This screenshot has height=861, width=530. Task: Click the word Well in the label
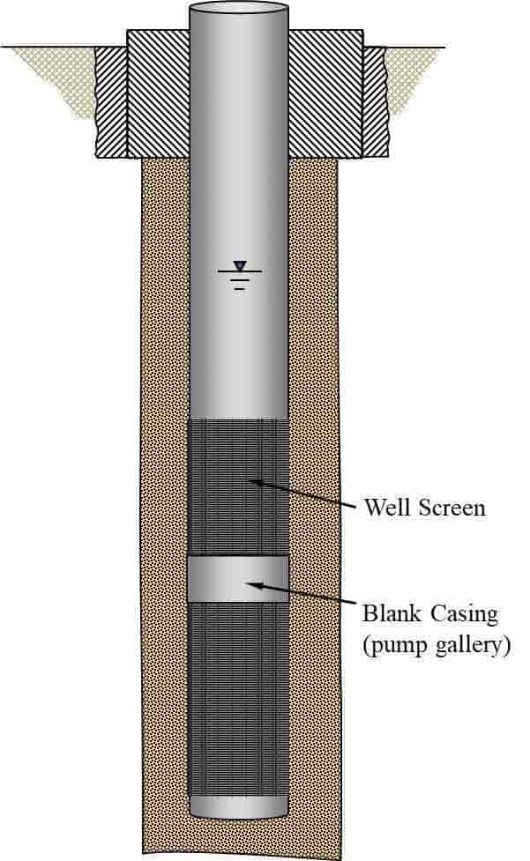click(382, 507)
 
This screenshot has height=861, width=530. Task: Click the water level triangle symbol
click(240, 266)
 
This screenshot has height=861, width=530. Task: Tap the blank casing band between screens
click(238, 579)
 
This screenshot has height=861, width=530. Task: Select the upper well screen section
click(238, 487)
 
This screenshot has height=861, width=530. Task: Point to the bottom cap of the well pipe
click(238, 808)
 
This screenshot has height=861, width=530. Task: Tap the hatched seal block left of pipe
click(158, 93)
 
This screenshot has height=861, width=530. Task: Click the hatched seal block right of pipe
click(325, 93)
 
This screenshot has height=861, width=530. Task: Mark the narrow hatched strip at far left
click(111, 102)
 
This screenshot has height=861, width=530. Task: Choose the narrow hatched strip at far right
click(375, 101)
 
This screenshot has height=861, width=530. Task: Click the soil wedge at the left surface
click(61, 77)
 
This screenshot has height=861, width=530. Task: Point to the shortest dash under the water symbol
click(240, 288)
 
